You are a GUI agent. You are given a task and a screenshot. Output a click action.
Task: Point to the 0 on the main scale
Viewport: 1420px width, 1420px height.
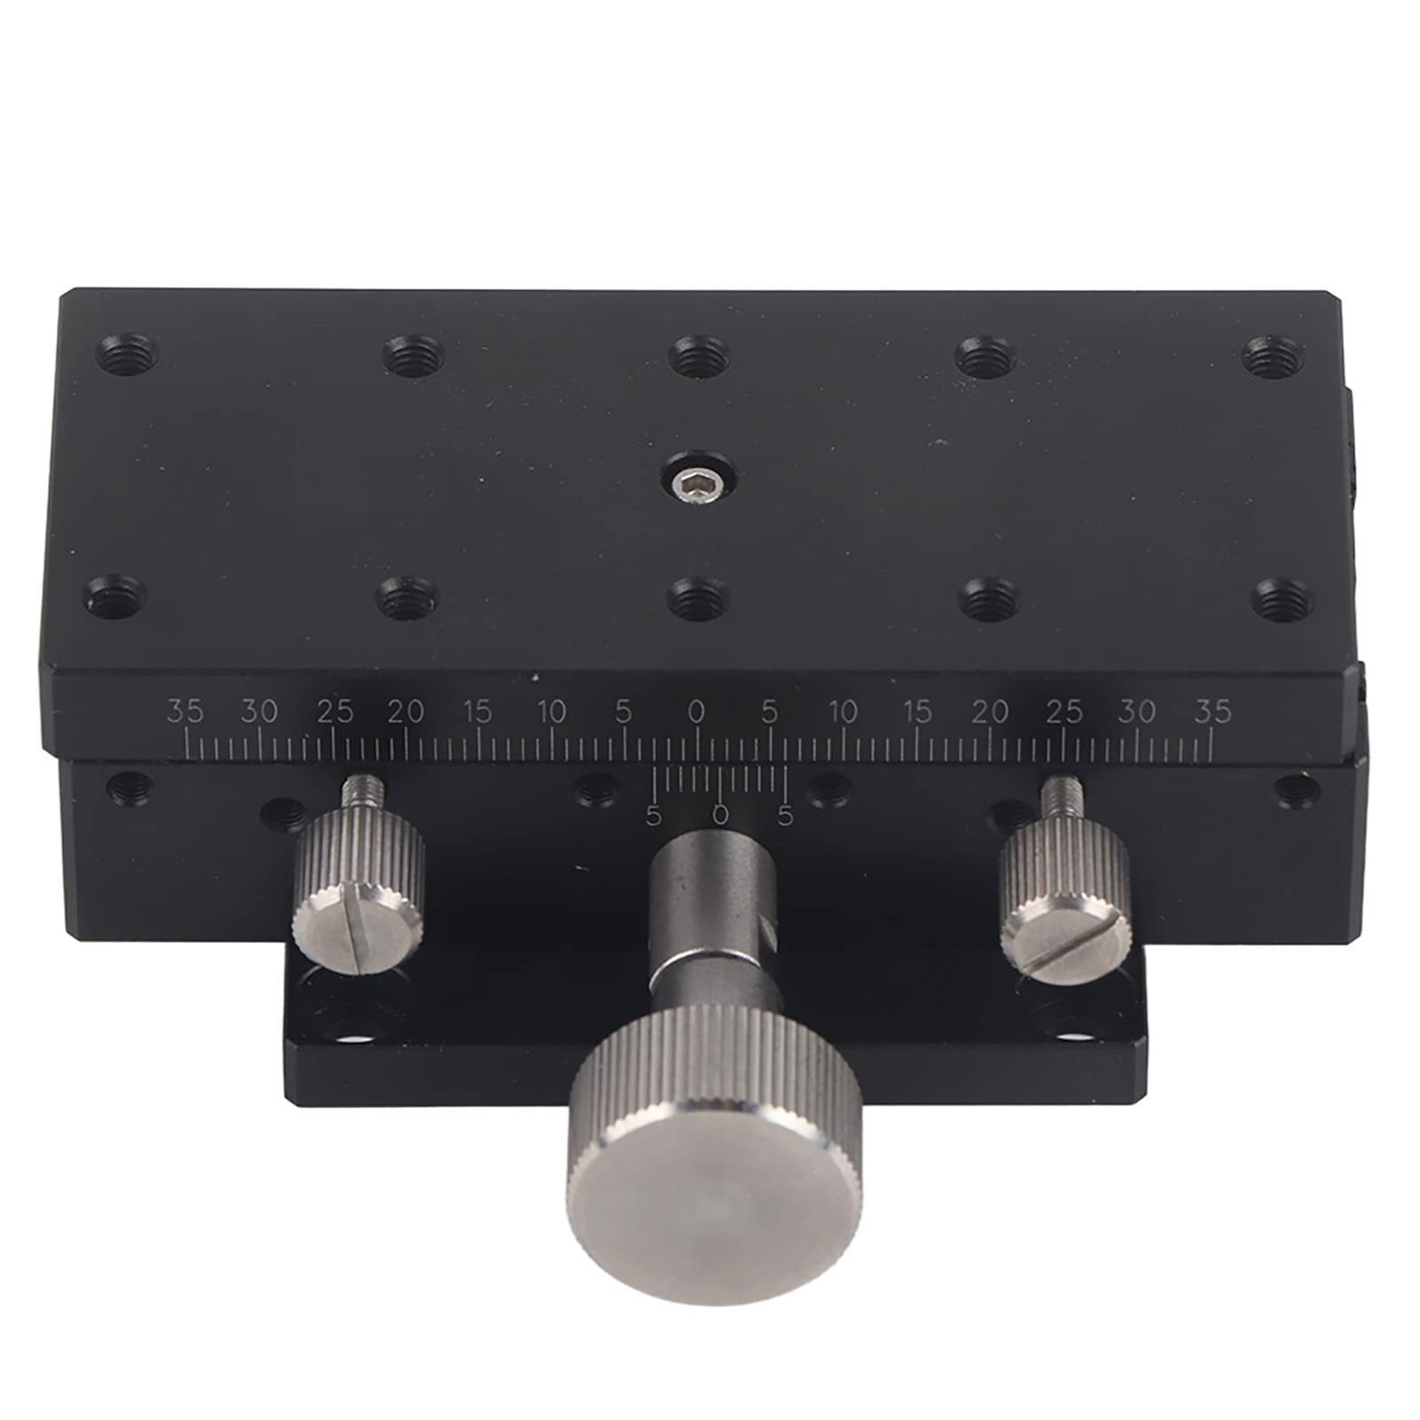click(x=697, y=711)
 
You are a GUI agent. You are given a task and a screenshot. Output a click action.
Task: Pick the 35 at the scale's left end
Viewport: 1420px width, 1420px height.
click(x=186, y=711)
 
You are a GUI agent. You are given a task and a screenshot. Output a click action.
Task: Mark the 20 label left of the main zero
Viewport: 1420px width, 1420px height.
click(x=405, y=711)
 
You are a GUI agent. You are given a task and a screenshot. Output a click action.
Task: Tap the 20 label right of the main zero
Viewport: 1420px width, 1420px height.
click(x=991, y=711)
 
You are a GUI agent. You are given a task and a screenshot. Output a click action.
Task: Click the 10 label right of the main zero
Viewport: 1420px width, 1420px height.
click(x=843, y=711)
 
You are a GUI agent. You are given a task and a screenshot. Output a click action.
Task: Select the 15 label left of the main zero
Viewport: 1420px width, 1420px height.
click(x=477, y=711)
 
